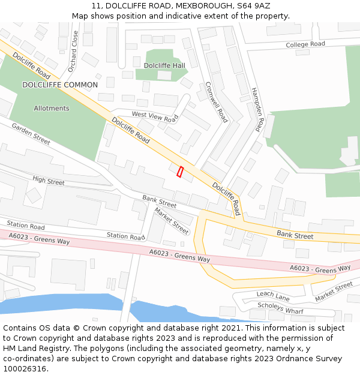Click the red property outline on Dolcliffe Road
pos(180,172)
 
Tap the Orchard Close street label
pos(73,52)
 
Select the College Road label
pos(305,44)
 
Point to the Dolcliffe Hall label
pos(164,65)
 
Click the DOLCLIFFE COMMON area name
pos(60,85)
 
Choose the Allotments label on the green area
pos(52,109)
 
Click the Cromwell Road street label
pos(217,102)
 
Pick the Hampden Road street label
pos(256,107)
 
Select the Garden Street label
pos(31,134)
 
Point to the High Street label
pos(49,181)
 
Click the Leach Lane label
pos(273,295)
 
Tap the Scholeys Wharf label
pos(280,308)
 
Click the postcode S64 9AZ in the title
pos(253,6)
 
